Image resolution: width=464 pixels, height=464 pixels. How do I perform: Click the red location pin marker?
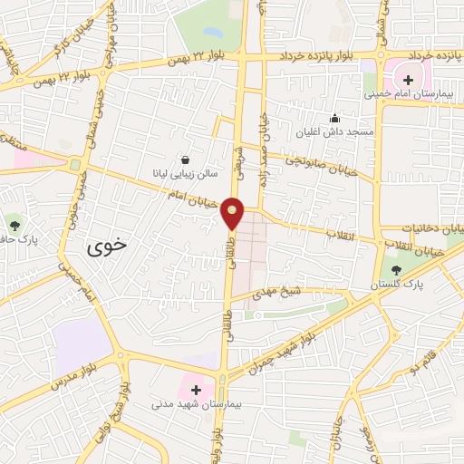(233, 213)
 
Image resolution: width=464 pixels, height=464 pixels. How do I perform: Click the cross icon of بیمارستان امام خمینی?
(408, 80)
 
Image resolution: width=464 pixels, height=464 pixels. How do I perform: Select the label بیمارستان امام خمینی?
(402, 94)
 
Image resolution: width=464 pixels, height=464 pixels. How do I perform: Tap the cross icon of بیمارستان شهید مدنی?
(197, 389)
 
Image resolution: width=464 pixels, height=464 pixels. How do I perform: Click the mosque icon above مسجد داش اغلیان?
(334, 117)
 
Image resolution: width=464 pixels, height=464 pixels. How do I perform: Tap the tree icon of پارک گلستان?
(395, 270)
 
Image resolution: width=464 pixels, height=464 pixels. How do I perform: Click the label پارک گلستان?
(395, 285)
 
